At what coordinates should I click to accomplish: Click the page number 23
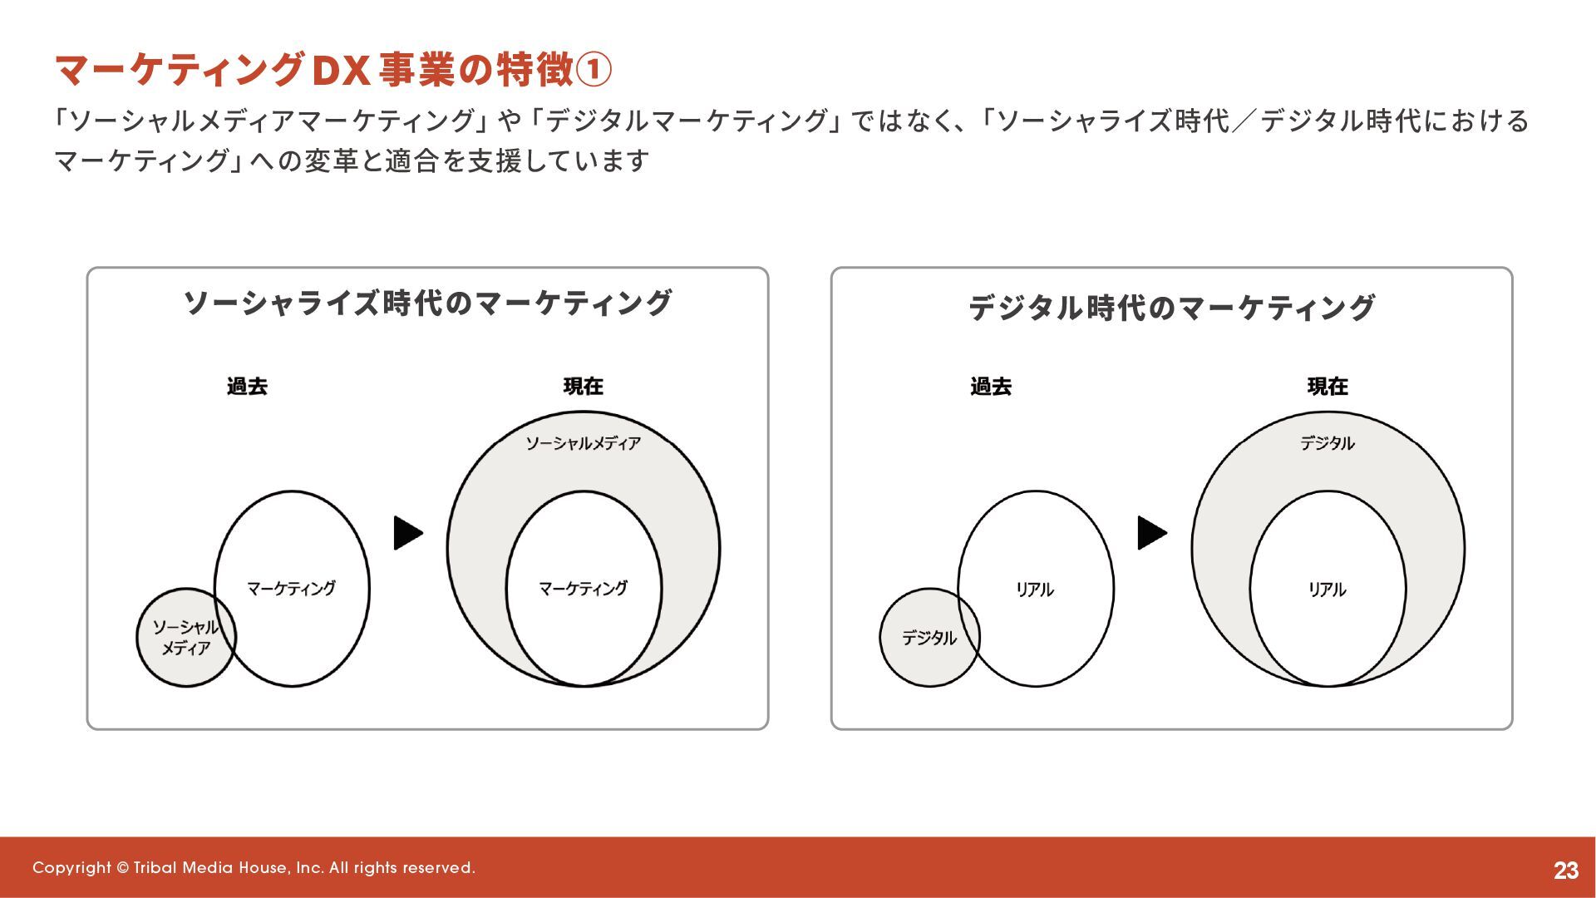pos(1565,870)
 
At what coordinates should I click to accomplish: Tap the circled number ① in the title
pos(594,70)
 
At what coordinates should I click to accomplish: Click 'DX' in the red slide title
pos(339,70)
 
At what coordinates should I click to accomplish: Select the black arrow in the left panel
pos(407,533)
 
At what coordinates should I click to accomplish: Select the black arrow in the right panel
pos(1151,533)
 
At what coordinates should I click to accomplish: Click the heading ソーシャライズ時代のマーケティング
pos(427,303)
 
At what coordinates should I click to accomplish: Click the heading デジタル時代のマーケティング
pos(1171,308)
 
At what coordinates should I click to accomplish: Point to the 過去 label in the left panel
pos(247,387)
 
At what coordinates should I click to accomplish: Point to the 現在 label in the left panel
pos(583,387)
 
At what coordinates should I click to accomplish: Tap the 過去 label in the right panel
pos(991,387)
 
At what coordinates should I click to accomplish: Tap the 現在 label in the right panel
pos(1328,387)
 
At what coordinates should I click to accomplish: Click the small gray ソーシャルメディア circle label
pos(185,638)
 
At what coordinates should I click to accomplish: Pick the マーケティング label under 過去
pos(292,589)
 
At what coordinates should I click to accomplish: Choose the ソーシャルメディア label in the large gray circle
pos(583,444)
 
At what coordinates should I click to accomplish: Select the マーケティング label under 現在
pos(583,589)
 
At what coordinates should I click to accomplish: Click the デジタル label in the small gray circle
pos(929,638)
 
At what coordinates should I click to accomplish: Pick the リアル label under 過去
pos(1035,590)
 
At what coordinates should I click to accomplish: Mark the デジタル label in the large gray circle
pos(1328,444)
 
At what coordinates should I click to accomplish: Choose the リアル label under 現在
pos(1328,590)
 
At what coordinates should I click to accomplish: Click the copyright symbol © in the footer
pos(123,868)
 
